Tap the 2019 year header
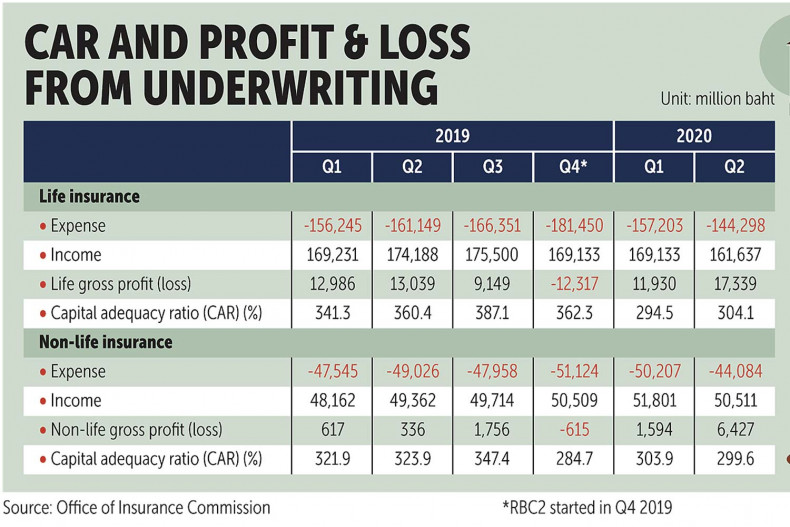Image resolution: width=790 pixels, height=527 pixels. tap(452, 134)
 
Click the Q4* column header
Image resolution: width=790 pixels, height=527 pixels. tap(573, 165)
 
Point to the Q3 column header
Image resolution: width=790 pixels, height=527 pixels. tap(492, 165)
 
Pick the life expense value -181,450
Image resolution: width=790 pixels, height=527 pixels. tap(573, 226)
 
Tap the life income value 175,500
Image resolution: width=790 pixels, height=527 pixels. tap(492, 255)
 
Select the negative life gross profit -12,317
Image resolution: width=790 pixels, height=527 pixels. tap(574, 284)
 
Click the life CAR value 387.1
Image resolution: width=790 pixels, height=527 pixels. tap(492, 313)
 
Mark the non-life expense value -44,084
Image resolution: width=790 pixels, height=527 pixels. tap(735, 371)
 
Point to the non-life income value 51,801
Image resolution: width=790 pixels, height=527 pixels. tap(654, 400)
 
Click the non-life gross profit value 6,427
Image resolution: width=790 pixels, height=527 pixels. tap(735, 429)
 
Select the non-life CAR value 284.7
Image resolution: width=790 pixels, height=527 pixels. tap(573, 458)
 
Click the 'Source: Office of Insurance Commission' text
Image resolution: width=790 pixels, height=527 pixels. tap(137, 507)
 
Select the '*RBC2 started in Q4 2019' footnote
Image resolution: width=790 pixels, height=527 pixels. tap(587, 507)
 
